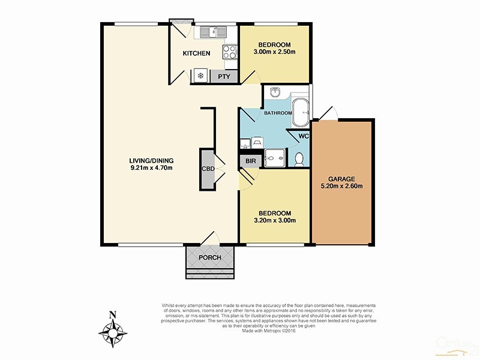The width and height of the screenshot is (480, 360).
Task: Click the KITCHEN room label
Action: (196, 53)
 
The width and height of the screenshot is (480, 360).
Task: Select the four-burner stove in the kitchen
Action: (229, 52)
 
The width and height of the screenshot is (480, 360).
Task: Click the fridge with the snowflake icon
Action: (200, 76)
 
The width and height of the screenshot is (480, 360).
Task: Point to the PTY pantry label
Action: (224, 76)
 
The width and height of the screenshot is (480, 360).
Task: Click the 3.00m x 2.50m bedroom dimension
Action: (275, 53)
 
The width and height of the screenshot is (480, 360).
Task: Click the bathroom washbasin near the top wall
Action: (275, 92)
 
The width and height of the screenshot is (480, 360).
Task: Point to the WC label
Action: (304, 136)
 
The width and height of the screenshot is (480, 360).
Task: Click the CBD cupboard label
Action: (208, 169)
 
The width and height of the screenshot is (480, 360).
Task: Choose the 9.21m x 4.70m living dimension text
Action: (151, 168)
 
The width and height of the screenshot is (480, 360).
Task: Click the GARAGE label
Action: (342, 178)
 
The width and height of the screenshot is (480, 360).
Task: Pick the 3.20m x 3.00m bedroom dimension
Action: (275, 221)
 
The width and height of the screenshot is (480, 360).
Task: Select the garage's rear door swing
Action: (328, 113)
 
